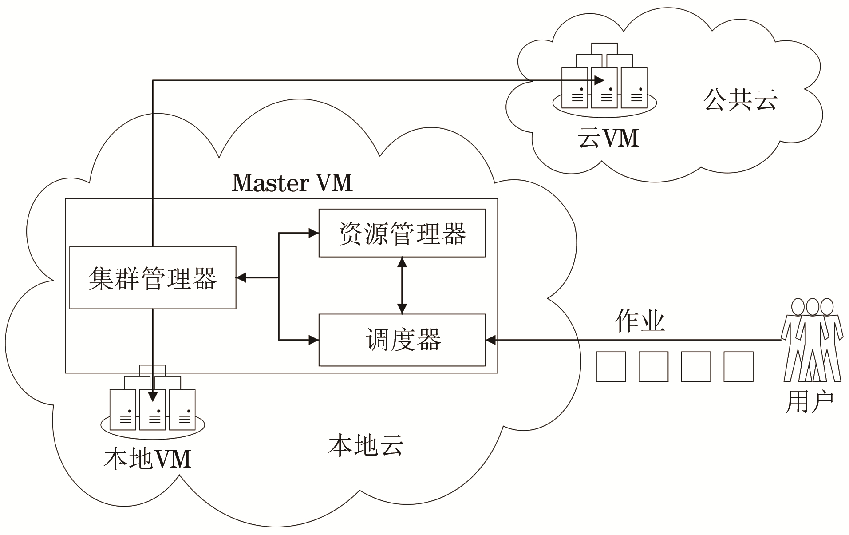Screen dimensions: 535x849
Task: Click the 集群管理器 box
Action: click(x=153, y=278)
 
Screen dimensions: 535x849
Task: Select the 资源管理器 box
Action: click(x=402, y=233)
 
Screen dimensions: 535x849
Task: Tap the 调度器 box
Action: click(x=402, y=340)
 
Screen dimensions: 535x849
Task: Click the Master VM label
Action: click(x=292, y=182)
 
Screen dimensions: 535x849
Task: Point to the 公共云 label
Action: click(x=740, y=99)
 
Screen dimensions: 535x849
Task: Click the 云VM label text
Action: click(x=608, y=138)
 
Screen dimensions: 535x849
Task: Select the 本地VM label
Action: click(x=147, y=459)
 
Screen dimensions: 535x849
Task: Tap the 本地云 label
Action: click(x=366, y=445)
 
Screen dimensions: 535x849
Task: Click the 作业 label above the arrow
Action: click(x=640, y=321)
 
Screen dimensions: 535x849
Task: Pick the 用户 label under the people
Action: click(x=810, y=402)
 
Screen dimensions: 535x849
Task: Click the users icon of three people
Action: click(x=812, y=340)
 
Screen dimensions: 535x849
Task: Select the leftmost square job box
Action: click(x=611, y=367)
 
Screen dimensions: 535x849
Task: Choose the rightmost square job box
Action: click(x=738, y=367)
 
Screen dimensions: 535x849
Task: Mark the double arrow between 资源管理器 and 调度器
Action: click(x=402, y=285)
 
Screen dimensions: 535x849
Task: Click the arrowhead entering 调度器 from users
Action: click(x=490, y=340)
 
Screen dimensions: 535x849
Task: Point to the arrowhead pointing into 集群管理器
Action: click(x=241, y=278)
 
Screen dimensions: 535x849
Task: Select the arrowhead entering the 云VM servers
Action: click(x=599, y=80)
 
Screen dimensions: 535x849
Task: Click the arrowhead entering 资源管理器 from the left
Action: click(x=314, y=233)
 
